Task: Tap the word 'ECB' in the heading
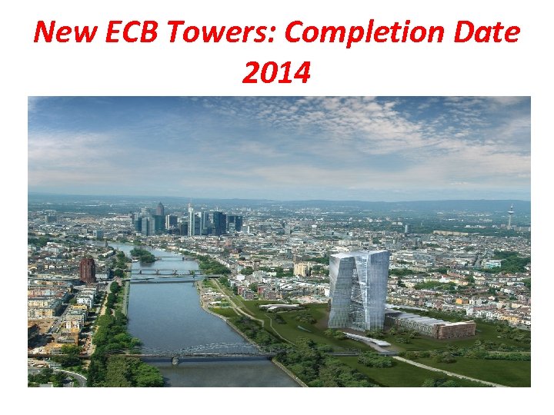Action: click(137, 33)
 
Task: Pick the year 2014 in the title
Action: click(276, 73)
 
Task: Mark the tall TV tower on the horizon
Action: click(509, 215)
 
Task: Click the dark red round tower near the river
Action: click(88, 268)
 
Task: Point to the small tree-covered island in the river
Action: click(142, 254)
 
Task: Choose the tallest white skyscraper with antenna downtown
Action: click(190, 218)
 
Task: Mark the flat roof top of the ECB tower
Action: click(359, 254)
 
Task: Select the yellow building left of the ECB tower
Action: click(302, 269)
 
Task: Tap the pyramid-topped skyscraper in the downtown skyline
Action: click(160, 212)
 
